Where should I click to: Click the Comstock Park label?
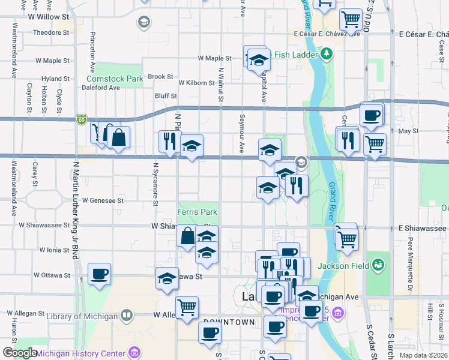pos(115,79)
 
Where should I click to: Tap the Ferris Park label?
pos(197,212)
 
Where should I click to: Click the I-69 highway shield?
pos(81,120)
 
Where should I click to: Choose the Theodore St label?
pos(52,32)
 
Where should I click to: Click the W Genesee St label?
pos(103,200)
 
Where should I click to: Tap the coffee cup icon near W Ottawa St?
pos(100,274)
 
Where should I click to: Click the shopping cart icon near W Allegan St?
pos(187,307)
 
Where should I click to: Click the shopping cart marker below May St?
pos(375,145)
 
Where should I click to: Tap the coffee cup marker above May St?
pos(372,115)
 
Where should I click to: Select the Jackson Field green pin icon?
pos(378,264)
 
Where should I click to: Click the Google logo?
pos(20,353)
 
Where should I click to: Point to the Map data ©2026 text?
pos(423,355)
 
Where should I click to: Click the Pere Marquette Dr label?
pos(411,255)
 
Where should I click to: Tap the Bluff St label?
pos(166,95)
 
